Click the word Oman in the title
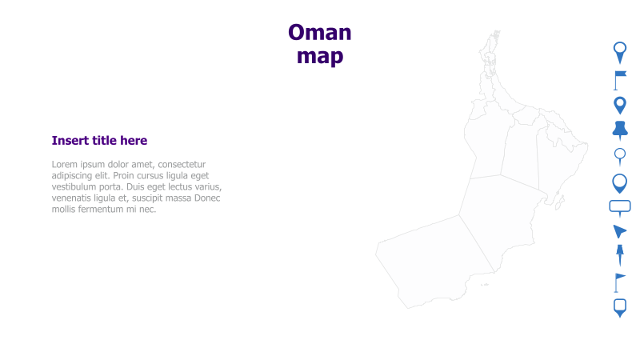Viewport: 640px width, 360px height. [319, 33]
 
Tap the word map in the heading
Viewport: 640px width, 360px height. [319, 56]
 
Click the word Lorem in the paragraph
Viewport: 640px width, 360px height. [66, 165]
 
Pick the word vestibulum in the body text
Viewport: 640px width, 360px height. [78, 187]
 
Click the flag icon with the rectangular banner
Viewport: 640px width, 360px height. [619, 78]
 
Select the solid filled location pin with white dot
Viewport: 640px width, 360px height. [619, 105]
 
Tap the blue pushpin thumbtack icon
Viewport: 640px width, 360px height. [619, 130]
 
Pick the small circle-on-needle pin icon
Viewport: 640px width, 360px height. [619, 155]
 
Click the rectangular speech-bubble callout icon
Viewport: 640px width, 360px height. [620, 207]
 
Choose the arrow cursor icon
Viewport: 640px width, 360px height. [619, 231]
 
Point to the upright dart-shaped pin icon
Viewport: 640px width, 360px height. [619, 255]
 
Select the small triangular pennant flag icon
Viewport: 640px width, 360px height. [618, 282]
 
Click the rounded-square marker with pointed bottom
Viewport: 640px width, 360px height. [619, 307]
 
